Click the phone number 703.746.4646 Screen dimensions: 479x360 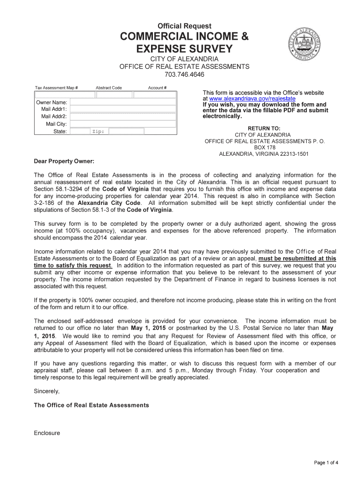[x=184, y=75]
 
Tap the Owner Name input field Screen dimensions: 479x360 [x=123, y=102]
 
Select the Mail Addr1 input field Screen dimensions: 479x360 [x=123, y=109]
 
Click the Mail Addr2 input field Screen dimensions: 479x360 [x=123, y=116]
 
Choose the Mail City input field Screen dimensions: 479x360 [x=123, y=124]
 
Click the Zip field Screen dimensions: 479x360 [x=133, y=131]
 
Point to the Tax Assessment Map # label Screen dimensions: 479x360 [x=57, y=87]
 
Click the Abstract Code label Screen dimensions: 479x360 [x=108, y=87]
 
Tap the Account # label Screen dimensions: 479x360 [x=157, y=87]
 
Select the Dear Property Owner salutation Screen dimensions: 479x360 [x=64, y=161]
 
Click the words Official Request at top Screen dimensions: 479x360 [x=184, y=26]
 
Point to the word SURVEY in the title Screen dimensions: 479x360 [x=210, y=48]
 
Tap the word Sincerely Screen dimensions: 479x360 [x=47, y=391]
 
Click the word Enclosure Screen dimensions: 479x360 [x=47, y=433]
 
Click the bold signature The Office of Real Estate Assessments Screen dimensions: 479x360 [x=92, y=405]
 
